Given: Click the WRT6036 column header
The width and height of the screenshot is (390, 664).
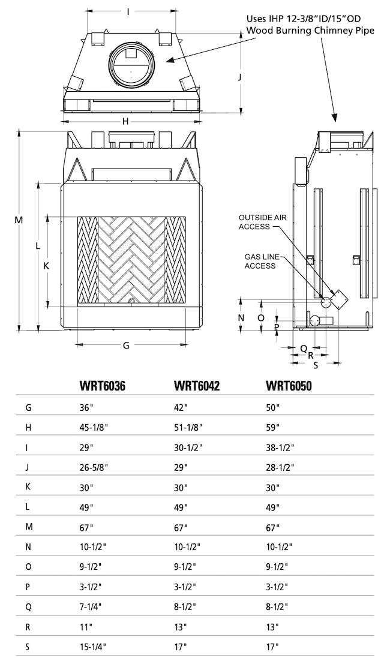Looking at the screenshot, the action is click(102, 386).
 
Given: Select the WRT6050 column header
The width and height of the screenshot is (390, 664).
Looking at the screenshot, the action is click(289, 386).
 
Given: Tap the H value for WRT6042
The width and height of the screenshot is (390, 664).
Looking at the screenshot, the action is click(188, 428).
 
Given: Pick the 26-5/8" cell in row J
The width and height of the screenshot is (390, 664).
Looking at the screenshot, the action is click(94, 467).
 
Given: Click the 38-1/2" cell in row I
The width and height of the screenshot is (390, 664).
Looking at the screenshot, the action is click(280, 447).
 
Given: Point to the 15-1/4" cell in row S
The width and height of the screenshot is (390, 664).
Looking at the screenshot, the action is click(93, 647).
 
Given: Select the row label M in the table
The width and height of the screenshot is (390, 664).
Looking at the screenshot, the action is click(28, 527).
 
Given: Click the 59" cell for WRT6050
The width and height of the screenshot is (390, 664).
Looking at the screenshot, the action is click(273, 428).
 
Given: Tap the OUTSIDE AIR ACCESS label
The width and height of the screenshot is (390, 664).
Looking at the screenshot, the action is click(263, 222).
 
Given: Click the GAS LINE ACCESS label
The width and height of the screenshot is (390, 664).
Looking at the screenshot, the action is click(260, 262).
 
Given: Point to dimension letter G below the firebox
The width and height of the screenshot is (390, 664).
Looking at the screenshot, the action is click(126, 345).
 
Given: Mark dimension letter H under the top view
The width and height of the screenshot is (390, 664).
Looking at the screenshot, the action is click(125, 122).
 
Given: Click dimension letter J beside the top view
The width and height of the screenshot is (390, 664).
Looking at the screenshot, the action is click(239, 77).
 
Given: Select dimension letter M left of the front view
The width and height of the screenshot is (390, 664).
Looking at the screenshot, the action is click(18, 220).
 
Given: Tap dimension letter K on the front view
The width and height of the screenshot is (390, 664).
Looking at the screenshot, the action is click(47, 266).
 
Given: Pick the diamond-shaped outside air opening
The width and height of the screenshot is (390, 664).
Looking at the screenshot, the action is click(340, 301).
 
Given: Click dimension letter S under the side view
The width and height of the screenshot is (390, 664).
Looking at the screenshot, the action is click(316, 365).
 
